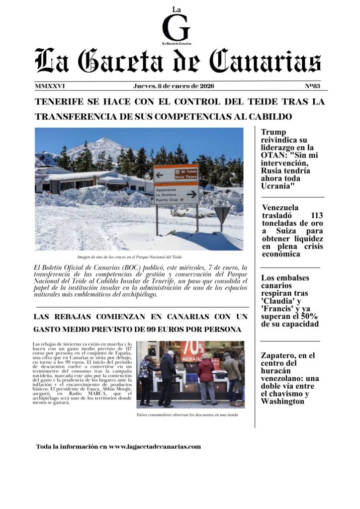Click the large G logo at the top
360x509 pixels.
click(x=176, y=27)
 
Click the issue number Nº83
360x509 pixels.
click(x=313, y=86)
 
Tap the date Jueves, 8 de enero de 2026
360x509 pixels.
click(x=174, y=86)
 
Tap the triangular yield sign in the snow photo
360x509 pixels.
click(x=222, y=214)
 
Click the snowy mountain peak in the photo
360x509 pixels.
click(x=99, y=145)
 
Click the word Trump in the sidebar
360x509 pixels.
click(x=274, y=132)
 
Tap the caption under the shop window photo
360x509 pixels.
click(x=186, y=415)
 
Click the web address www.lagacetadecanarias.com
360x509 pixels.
click(x=155, y=447)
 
